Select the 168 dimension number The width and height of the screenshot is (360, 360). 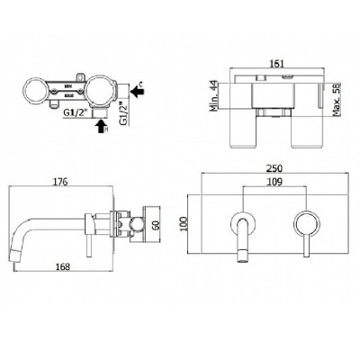point(62,265)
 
